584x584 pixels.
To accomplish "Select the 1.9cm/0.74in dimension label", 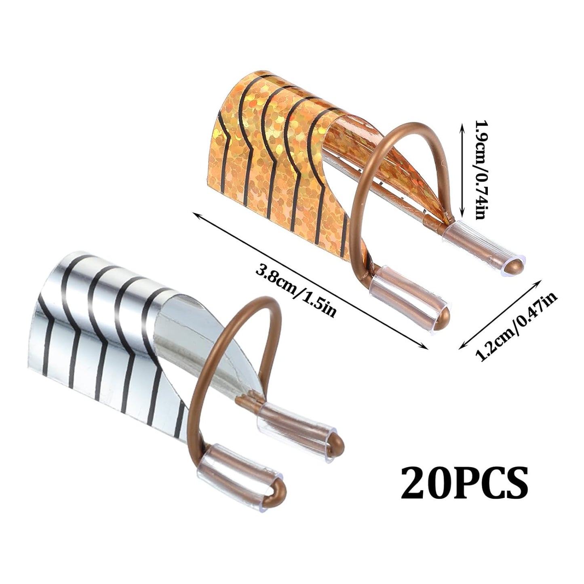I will [479, 170].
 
